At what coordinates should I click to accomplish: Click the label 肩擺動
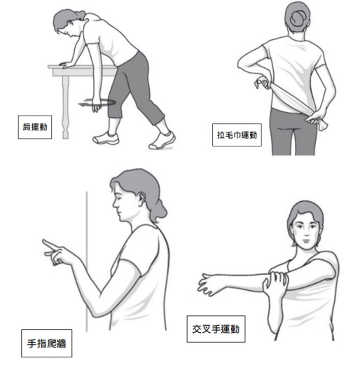35,127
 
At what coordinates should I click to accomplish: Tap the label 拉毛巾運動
237,135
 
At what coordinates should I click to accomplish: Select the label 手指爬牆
46,343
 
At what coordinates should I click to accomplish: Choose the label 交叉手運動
216,329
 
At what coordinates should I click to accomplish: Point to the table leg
65,107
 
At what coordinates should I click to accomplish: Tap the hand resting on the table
66,64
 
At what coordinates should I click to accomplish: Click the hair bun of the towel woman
298,18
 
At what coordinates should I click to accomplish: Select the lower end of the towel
323,125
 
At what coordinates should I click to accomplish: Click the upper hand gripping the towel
263,83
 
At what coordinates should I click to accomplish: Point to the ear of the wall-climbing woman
141,199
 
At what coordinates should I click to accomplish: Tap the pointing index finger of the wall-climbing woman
49,245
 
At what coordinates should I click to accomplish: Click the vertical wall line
87,261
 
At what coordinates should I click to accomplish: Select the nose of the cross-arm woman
307,233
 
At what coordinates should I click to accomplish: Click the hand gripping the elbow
275,285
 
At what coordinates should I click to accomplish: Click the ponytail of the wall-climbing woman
158,210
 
